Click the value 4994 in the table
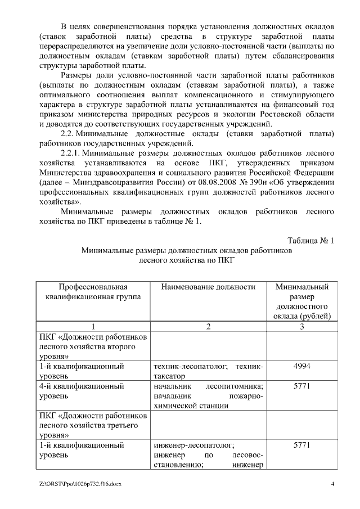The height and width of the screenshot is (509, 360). click(301, 366)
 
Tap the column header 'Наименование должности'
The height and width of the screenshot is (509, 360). click(208, 287)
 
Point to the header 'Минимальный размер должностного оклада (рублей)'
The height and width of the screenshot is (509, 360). click(301, 301)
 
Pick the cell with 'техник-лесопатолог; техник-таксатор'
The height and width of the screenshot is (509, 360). click(208, 371)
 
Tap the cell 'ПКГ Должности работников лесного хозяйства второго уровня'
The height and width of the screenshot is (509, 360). click(93, 346)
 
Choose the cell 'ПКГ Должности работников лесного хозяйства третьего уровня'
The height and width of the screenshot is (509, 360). click(93, 425)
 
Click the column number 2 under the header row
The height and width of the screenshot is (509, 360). click(208, 327)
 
